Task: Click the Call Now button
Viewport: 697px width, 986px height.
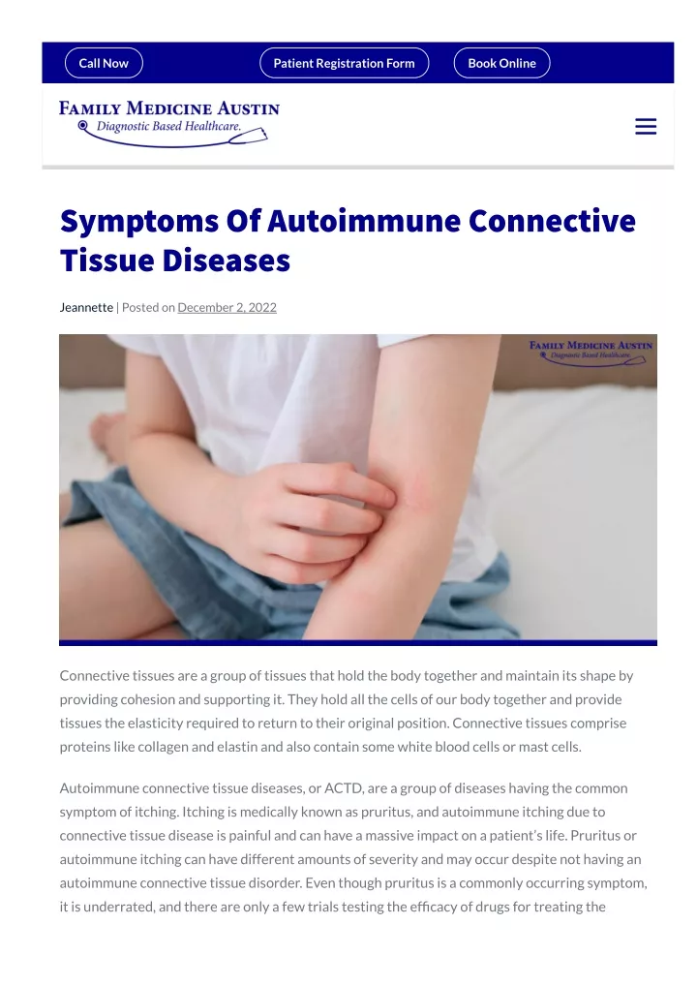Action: coord(104,63)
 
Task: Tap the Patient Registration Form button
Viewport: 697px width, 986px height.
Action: coord(344,63)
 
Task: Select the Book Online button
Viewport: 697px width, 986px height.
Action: coord(501,63)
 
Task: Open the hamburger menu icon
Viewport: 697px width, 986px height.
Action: coord(646,126)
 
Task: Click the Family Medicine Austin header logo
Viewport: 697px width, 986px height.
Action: coord(169,123)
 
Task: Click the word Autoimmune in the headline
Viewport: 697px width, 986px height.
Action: coord(364,221)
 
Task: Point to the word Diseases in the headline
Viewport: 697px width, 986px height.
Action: coord(227,261)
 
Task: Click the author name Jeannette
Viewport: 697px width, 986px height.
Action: coord(86,307)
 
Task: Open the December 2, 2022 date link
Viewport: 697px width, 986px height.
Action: coord(227,307)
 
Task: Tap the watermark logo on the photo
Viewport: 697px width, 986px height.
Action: coord(591,353)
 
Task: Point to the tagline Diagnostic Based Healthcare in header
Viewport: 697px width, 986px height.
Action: coord(168,126)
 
